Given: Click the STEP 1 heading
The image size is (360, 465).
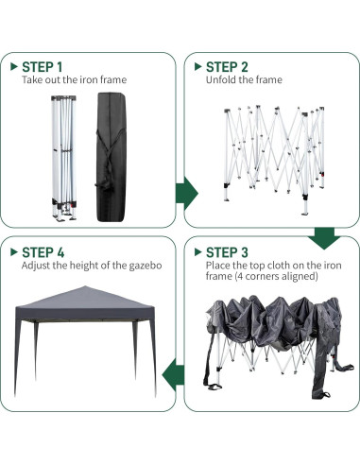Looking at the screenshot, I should click(x=43, y=67).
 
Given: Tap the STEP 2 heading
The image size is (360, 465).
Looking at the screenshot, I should click(x=227, y=67).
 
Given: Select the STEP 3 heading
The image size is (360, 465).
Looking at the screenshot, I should click(x=227, y=252).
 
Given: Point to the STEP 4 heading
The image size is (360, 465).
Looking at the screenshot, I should click(x=43, y=252).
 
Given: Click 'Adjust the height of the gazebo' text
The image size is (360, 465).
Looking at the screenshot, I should click(x=92, y=266).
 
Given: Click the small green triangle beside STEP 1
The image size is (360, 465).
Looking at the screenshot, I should click(x=13, y=67).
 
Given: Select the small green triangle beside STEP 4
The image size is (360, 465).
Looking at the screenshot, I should click(x=13, y=252).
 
